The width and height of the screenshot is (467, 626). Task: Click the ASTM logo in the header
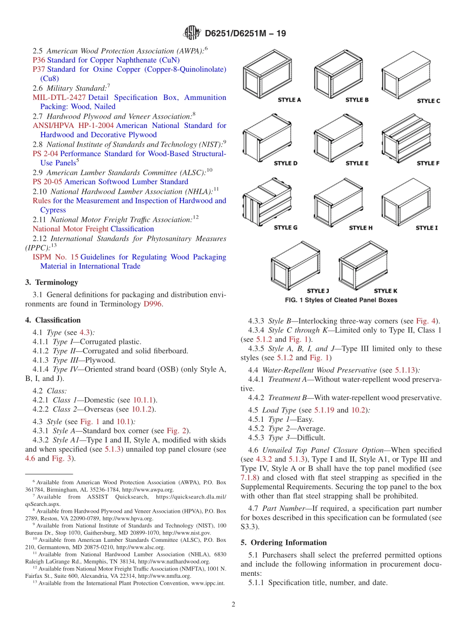192,33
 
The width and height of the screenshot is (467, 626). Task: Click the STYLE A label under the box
290,100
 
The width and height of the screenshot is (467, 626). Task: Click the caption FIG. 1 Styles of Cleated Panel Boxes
341,300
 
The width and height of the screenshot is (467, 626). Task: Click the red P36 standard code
39,60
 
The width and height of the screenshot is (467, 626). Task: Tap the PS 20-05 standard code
47,182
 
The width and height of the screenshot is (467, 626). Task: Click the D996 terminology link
152,304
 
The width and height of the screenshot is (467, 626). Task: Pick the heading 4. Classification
53,320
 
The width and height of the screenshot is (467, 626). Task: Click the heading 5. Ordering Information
284,542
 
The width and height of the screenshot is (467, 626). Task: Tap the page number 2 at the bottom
233,604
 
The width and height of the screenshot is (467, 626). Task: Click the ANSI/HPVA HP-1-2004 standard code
73,125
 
